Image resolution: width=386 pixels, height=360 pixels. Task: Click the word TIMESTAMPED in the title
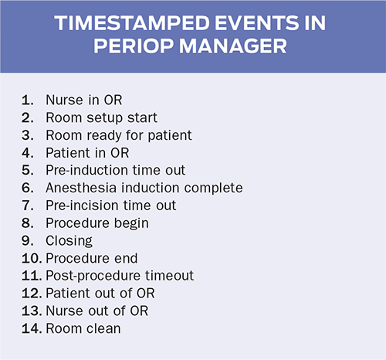132,23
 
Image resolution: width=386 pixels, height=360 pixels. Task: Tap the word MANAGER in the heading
232,46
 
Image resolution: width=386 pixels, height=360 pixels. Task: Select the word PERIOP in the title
134,46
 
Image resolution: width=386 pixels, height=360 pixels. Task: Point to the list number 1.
28,100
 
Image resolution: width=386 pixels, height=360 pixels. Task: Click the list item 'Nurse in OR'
84,100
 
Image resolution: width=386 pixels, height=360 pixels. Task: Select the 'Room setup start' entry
101,118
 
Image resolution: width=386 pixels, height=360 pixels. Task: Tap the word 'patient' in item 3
170,135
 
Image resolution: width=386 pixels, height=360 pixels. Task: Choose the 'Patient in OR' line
87,153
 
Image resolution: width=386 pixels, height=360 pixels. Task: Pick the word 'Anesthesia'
81,188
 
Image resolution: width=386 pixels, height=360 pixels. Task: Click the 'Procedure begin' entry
97,223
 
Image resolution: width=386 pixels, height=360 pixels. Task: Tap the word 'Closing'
69,241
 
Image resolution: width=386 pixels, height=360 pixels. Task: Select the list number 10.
32,258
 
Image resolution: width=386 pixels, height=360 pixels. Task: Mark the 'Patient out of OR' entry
100,294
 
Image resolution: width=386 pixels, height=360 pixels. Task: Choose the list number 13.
32,311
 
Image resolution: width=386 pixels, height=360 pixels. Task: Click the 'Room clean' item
83,328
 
